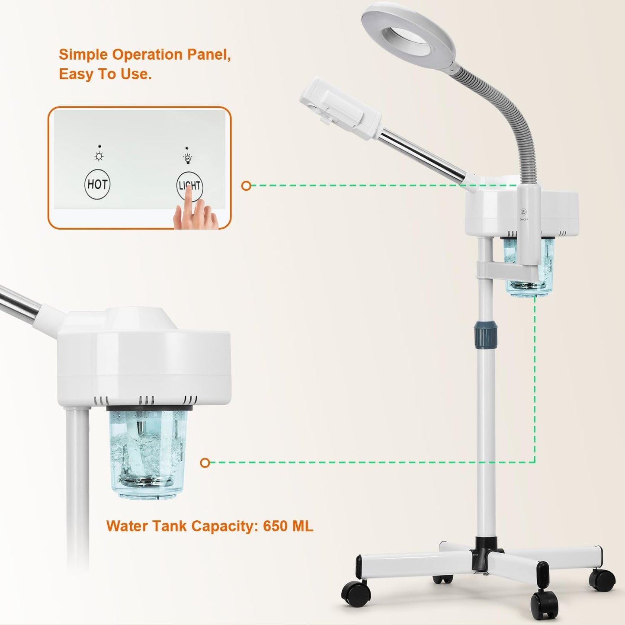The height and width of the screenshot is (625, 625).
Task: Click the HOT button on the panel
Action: point(97,184)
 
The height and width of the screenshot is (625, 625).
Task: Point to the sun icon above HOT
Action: point(99,157)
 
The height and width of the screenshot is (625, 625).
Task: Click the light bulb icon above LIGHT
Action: point(187,159)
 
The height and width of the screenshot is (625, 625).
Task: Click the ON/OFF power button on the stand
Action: point(523,212)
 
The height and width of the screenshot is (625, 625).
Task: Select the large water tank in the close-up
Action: point(147,452)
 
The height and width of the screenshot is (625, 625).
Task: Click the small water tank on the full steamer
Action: point(528,268)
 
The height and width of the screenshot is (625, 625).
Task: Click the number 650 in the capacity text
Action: point(275,526)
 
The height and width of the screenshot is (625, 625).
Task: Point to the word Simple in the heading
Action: point(84,54)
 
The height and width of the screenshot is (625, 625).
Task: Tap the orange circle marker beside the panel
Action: point(246,186)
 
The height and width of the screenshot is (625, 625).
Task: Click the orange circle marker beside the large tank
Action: point(205,463)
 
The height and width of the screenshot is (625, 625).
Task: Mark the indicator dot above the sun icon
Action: point(99,147)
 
